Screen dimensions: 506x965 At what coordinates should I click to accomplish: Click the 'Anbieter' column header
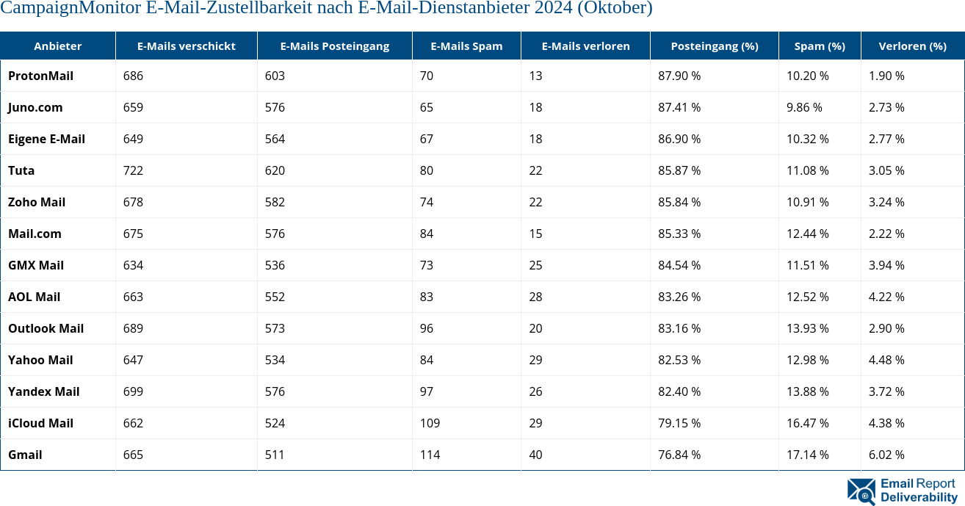pyautogui.click(x=57, y=46)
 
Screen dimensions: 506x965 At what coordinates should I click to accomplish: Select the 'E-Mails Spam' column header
pyautogui.click(x=466, y=46)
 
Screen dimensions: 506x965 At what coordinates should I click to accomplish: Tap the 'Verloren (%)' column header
pyautogui.click(x=912, y=46)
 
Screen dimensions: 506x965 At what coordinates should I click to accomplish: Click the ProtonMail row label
pyautogui.click(x=40, y=76)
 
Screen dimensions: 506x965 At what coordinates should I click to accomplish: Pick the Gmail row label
pyautogui.click(x=25, y=455)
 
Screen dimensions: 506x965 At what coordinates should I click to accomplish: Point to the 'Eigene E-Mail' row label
pyautogui.click(x=46, y=139)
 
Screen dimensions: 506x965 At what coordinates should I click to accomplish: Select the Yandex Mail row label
pyautogui.click(x=43, y=391)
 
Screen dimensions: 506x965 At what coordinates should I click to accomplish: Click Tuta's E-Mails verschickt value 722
pyautogui.click(x=133, y=170)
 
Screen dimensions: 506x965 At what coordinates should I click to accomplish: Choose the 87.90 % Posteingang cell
pyautogui.click(x=679, y=76)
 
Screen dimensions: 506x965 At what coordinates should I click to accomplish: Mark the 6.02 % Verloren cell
pyautogui.click(x=886, y=455)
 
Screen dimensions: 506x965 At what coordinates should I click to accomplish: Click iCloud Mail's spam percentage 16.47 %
pyautogui.click(x=807, y=423)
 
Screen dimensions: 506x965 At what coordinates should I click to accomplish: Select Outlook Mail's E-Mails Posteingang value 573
pyautogui.click(x=275, y=328)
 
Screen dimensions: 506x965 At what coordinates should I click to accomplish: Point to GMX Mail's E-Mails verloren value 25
pyautogui.click(x=535, y=265)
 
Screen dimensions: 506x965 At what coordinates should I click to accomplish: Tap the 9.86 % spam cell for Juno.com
pyautogui.click(x=804, y=107)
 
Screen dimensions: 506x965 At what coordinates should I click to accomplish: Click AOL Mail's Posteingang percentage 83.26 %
pyautogui.click(x=679, y=297)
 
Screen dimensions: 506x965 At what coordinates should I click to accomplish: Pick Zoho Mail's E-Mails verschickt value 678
pyautogui.click(x=133, y=202)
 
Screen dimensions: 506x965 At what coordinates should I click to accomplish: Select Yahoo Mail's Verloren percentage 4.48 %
pyautogui.click(x=886, y=360)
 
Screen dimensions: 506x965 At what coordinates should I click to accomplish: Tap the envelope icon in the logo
pyautogui.click(x=861, y=491)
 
